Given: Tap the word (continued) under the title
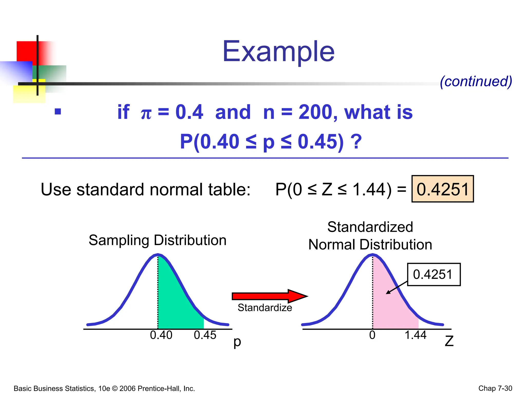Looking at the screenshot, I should (x=476, y=82).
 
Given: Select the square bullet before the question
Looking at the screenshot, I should (x=58, y=111).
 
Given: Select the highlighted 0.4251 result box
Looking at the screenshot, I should (x=443, y=189).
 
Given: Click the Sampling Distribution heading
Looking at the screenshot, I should (x=157, y=240).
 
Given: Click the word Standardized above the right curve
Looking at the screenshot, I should (x=370, y=227).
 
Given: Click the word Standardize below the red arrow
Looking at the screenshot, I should (x=265, y=308).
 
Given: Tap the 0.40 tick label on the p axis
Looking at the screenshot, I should (x=161, y=335).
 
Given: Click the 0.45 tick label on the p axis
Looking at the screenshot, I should (x=205, y=335).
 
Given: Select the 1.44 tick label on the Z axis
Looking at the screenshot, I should (x=415, y=335).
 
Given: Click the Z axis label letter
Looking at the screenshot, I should (x=449, y=341).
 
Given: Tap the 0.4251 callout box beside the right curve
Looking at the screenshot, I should (x=434, y=274).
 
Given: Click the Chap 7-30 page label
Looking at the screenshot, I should (x=495, y=388).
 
